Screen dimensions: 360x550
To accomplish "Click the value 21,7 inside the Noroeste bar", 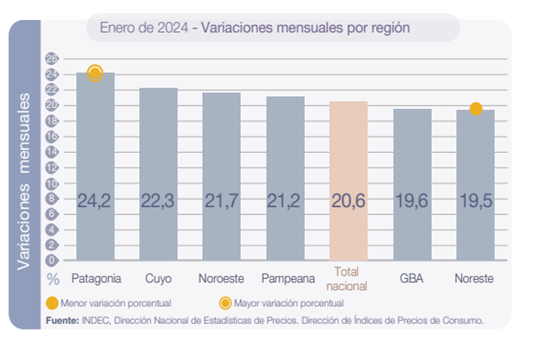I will pyautogui.click(x=221, y=202).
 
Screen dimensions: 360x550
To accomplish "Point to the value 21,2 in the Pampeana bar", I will pyautogui.click(x=285, y=202).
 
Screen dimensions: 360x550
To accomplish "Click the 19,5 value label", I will pyautogui.click(x=475, y=202).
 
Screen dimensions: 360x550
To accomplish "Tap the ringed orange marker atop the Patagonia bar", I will pyautogui.click(x=95, y=73).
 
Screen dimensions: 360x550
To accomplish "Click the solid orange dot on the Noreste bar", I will pyautogui.click(x=476, y=109).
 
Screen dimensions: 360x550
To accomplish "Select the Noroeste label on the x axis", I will pyautogui.click(x=221, y=278).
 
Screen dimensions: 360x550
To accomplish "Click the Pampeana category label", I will pyautogui.click(x=285, y=278).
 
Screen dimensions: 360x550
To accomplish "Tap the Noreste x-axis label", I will pyautogui.click(x=475, y=278).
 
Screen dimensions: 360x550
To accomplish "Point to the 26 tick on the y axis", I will pyautogui.click(x=51, y=58).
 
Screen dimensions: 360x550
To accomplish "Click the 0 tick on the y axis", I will pyautogui.click(x=51, y=260).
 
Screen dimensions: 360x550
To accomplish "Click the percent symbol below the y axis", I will pyautogui.click(x=53, y=279).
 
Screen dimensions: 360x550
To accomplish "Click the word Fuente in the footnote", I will pyautogui.click(x=62, y=320).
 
